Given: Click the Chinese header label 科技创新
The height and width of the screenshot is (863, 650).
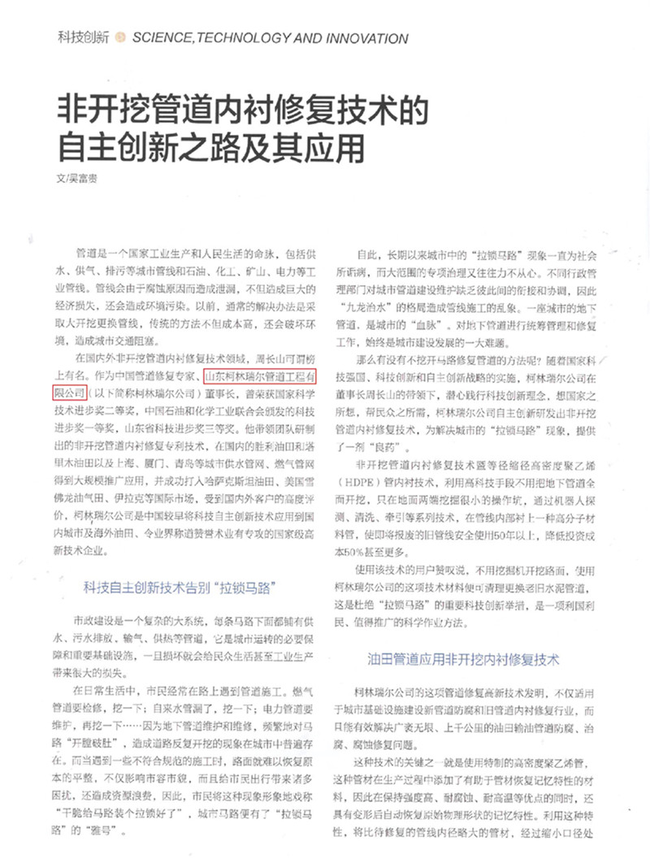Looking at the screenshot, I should [x=84, y=37].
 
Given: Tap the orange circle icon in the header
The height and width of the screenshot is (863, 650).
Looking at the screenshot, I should [x=120, y=37].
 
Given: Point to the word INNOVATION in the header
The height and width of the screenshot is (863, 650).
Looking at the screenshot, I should [x=365, y=37].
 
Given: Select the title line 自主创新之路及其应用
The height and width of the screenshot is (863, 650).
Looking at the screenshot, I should [x=210, y=147].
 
